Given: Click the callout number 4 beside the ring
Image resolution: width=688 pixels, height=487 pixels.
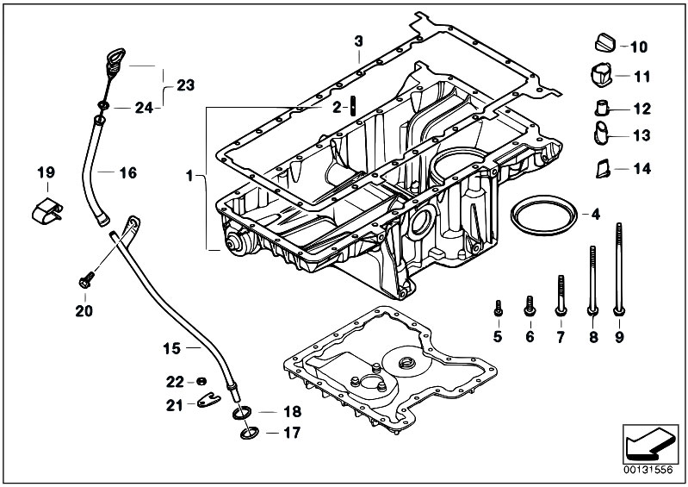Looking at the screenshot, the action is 595,215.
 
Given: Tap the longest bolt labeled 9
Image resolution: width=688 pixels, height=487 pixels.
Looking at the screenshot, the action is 619,269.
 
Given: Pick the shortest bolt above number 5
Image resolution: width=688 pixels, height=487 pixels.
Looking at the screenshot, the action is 498,309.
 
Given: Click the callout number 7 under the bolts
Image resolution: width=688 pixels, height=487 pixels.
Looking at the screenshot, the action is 561,337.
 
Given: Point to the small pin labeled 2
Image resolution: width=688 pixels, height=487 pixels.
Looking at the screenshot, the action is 353,106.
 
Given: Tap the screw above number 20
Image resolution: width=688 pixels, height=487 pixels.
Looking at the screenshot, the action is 86,280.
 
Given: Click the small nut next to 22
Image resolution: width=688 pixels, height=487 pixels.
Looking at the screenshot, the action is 201,381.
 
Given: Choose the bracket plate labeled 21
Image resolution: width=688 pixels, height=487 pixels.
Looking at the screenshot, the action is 208,400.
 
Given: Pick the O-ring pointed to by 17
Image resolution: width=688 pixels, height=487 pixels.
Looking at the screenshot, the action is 250,434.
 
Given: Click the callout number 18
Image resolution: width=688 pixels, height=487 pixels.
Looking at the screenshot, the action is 292,411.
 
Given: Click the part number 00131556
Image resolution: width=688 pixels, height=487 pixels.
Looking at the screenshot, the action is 648,470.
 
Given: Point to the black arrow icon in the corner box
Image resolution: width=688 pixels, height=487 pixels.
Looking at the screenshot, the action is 648,443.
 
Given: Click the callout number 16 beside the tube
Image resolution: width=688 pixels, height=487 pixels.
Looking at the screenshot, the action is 128,172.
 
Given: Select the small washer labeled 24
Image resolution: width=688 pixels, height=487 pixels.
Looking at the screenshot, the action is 103,106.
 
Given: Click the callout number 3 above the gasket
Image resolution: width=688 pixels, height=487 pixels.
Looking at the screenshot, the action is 359,41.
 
